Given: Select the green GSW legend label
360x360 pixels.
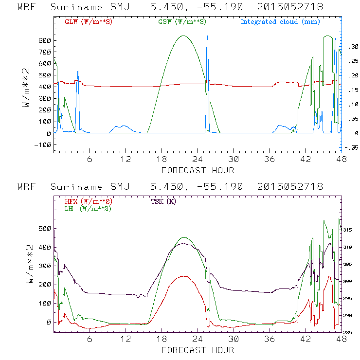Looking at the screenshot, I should tap(181, 22).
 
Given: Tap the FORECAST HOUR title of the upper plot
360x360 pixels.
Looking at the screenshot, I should tap(198, 170).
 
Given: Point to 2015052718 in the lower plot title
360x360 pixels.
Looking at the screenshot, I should tap(290, 187).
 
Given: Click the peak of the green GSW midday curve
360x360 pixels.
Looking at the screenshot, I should tap(183, 36).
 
